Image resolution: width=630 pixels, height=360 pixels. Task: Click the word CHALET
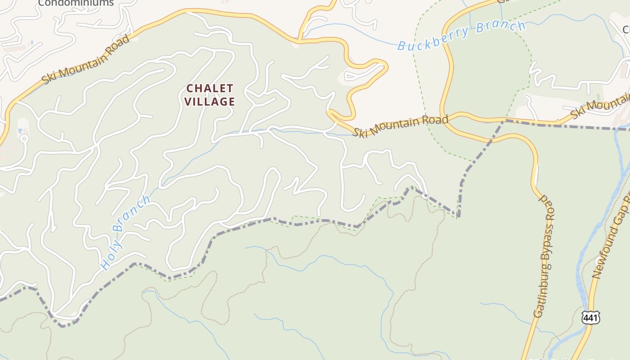(210, 88)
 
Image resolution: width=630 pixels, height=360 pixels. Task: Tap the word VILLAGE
(210, 102)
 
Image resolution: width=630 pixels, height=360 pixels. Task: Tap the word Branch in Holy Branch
(131, 214)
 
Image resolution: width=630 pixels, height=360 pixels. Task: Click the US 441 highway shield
(590, 317)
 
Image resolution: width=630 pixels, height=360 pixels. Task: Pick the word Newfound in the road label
(601, 261)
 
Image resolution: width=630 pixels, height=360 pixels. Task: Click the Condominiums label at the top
(76, 3)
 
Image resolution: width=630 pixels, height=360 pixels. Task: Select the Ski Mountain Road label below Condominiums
(85, 59)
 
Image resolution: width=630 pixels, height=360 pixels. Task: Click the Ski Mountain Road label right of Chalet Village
(400, 126)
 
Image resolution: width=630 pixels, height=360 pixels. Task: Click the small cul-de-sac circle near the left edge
(24, 139)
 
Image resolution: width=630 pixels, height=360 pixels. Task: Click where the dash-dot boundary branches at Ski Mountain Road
(504, 121)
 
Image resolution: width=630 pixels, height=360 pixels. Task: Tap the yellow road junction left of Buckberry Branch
(299, 42)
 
